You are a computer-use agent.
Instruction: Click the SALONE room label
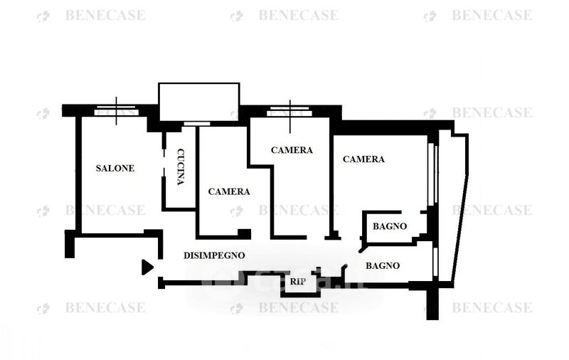(115, 169)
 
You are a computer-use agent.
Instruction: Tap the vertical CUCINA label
(181, 166)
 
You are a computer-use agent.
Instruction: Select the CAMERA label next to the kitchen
(229, 191)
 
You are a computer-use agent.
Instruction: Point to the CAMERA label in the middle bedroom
(292, 150)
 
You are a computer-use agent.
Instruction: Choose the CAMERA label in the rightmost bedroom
(363, 159)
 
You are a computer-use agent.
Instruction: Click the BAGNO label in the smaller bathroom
(390, 226)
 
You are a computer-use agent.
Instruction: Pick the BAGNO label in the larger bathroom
(383, 265)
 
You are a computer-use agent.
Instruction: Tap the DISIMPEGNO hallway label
(214, 255)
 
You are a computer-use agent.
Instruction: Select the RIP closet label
(298, 282)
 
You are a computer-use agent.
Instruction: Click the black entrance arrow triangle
(147, 267)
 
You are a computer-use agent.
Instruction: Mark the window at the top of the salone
(117, 110)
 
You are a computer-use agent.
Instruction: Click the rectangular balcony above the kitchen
(199, 102)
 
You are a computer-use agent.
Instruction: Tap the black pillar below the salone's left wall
(69, 243)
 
